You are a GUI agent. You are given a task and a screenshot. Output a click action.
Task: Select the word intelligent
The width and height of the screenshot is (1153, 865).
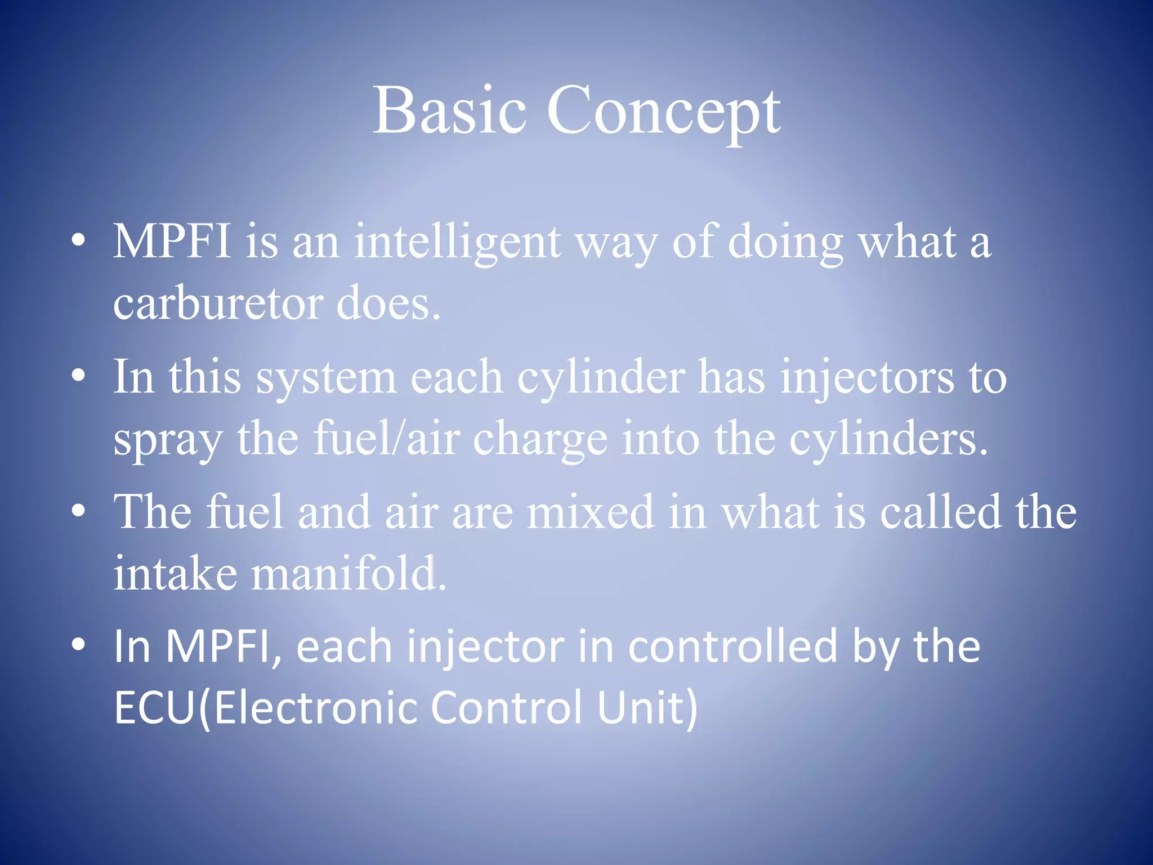point(457,243)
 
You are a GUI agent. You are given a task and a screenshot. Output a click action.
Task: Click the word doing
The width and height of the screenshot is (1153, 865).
point(785,243)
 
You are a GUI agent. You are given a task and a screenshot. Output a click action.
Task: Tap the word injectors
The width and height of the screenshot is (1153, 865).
point(867,378)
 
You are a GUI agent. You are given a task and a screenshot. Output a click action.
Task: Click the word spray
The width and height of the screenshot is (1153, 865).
point(167,440)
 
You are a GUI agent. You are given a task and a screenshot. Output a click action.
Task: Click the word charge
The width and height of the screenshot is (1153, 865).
point(540,440)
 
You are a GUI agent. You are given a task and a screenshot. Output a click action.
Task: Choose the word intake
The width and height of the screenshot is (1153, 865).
point(175,573)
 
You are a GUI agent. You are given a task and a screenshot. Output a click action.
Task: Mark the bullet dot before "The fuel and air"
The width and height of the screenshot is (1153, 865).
point(79,511)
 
